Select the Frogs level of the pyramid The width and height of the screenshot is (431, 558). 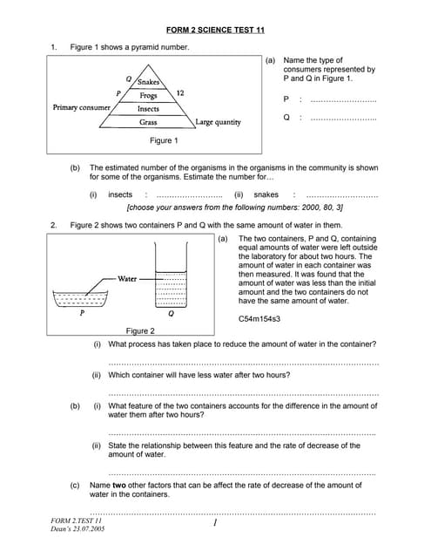point(148,95)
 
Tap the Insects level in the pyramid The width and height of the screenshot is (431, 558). point(148,109)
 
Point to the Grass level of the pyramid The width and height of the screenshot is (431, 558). point(148,123)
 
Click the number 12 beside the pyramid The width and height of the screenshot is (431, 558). point(180,92)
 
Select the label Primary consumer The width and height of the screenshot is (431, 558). point(82,108)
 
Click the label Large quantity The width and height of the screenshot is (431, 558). point(218,123)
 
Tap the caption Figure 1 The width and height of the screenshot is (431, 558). point(164,140)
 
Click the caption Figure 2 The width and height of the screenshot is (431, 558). point(140,331)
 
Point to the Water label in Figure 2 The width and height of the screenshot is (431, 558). point(127,279)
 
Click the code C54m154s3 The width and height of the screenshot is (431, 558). point(259,319)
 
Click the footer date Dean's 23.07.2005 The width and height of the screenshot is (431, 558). point(78,529)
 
